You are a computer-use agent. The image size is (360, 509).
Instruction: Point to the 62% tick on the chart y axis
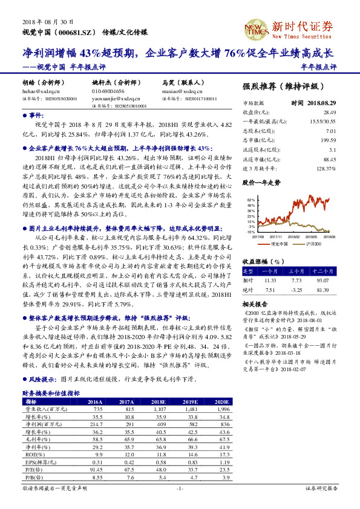[251, 198]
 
